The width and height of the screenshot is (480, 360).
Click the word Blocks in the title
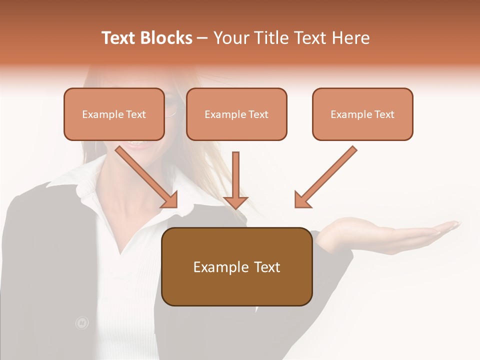point(166,38)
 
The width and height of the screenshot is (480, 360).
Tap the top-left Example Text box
point(114,114)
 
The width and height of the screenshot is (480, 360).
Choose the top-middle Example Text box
point(236,114)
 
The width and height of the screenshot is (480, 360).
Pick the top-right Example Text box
point(362,114)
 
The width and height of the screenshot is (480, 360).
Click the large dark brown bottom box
point(236,266)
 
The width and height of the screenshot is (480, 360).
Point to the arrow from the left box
point(145,175)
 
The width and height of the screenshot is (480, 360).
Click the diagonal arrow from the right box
point(327,175)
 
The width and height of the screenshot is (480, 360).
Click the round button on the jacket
point(81,323)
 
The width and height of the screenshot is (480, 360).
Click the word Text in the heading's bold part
point(118,38)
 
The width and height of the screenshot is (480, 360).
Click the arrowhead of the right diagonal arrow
point(301,200)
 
